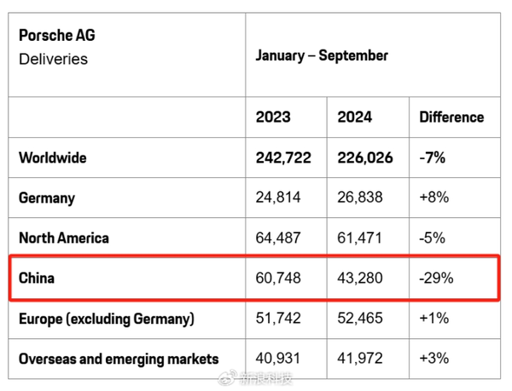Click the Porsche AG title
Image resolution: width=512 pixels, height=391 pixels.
(56, 35)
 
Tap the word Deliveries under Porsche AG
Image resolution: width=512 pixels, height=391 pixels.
(53, 59)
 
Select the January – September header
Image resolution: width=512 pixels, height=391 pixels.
(322, 55)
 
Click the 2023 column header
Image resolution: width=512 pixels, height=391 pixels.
(273, 118)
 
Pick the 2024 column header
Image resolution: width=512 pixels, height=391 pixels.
(355, 118)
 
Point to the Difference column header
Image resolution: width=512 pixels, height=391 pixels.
(451, 118)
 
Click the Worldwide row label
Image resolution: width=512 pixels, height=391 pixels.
(53, 158)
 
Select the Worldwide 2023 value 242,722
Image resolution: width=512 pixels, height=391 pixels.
(283, 158)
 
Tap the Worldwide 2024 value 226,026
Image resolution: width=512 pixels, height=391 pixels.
(365, 158)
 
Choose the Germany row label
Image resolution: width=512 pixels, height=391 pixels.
(47, 198)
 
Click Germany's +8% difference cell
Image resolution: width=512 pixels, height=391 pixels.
(433, 198)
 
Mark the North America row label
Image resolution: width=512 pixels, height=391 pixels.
(64, 238)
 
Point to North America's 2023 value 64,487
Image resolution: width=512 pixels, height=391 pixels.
(278, 238)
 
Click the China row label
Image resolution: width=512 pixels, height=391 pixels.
(37, 278)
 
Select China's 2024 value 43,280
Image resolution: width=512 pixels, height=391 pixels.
(360, 278)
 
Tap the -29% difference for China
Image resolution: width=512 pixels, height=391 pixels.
(435, 278)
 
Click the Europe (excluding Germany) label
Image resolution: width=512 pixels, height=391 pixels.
(107, 319)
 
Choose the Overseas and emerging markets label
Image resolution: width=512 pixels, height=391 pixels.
(119, 359)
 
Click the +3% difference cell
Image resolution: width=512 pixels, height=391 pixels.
(433, 359)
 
